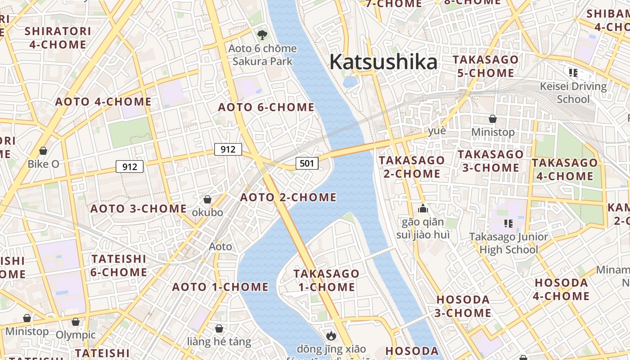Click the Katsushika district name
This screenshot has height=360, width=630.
(383, 62)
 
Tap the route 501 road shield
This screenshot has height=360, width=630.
(307, 163)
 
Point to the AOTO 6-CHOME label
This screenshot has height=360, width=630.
(266, 107)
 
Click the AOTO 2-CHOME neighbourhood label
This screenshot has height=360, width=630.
(288, 197)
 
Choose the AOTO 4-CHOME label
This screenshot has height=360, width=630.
(103, 102)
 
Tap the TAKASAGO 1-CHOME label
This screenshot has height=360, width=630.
(326, 280)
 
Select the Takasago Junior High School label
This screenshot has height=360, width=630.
(508, 243)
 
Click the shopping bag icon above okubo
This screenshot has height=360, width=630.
(207, 199)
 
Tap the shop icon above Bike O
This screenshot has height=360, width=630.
(43, 150)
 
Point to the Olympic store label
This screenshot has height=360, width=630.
(76, 335)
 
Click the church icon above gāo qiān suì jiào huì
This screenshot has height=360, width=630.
(423, 208)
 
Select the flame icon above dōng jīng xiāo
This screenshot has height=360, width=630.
(331, 335)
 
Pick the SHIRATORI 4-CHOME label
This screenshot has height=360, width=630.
(58, 38)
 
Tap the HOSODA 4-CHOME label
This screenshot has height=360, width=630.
(561, 289)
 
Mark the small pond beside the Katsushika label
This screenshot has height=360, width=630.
(350, 82)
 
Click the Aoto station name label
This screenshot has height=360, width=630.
(220, 246)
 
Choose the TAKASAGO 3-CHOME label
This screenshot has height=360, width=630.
(490, 161)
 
